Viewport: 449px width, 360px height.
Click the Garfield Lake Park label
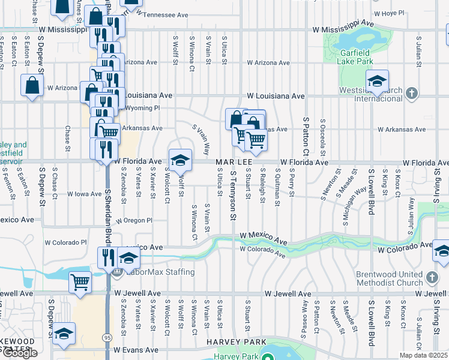[x=354, y=56]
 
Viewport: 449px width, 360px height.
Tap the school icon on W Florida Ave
[x=179, y=160]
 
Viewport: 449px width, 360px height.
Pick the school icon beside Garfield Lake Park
[x=376, y=81]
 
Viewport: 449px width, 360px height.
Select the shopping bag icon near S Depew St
[x=32, y=85]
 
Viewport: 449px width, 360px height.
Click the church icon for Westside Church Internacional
[x=411, y=93]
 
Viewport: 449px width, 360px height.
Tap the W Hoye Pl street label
[x=390, y=13]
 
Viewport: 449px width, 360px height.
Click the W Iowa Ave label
[x=85, y=194]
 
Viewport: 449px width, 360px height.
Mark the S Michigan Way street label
[x=355, y=206]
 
